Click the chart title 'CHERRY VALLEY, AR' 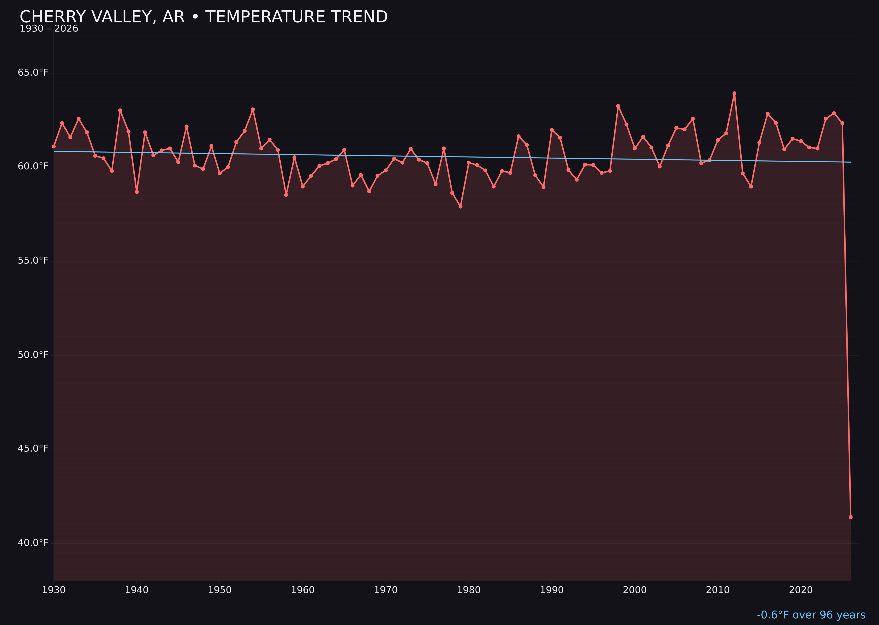tap(203, 17)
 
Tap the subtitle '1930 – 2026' tap(49, 29)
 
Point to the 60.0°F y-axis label tap(33, 166)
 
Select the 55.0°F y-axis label tap(33, 261)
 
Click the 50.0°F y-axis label tap(33, 354)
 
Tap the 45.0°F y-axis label tap(33, 448)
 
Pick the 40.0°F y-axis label tap(33, 543)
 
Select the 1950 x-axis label tap(220, 590)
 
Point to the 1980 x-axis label tap(469, 590)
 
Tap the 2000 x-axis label tap(635, 590)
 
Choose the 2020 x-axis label tap(801, 590)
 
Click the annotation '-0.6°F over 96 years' tap(811, 615)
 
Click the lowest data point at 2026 tap(850, 517)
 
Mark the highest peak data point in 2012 tap(734, 93)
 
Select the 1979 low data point tap(460, 207)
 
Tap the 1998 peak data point tap(618, 106)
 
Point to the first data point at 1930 tap(53, 146)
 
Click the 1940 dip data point tap(137, 192)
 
